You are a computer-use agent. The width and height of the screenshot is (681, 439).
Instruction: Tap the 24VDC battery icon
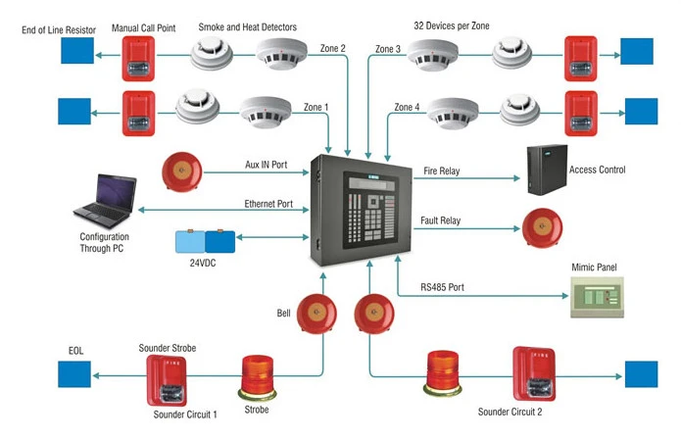click(203, 242)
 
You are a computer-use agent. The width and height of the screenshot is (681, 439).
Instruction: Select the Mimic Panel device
click(598, 295)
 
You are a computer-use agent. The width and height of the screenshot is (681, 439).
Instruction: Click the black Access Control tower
click(547, 171)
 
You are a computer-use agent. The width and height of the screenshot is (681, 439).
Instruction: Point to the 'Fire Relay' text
click(441, 171)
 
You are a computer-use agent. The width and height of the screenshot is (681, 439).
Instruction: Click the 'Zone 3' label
click(387, 49)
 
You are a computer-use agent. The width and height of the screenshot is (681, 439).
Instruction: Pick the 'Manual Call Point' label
click(144, 28)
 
